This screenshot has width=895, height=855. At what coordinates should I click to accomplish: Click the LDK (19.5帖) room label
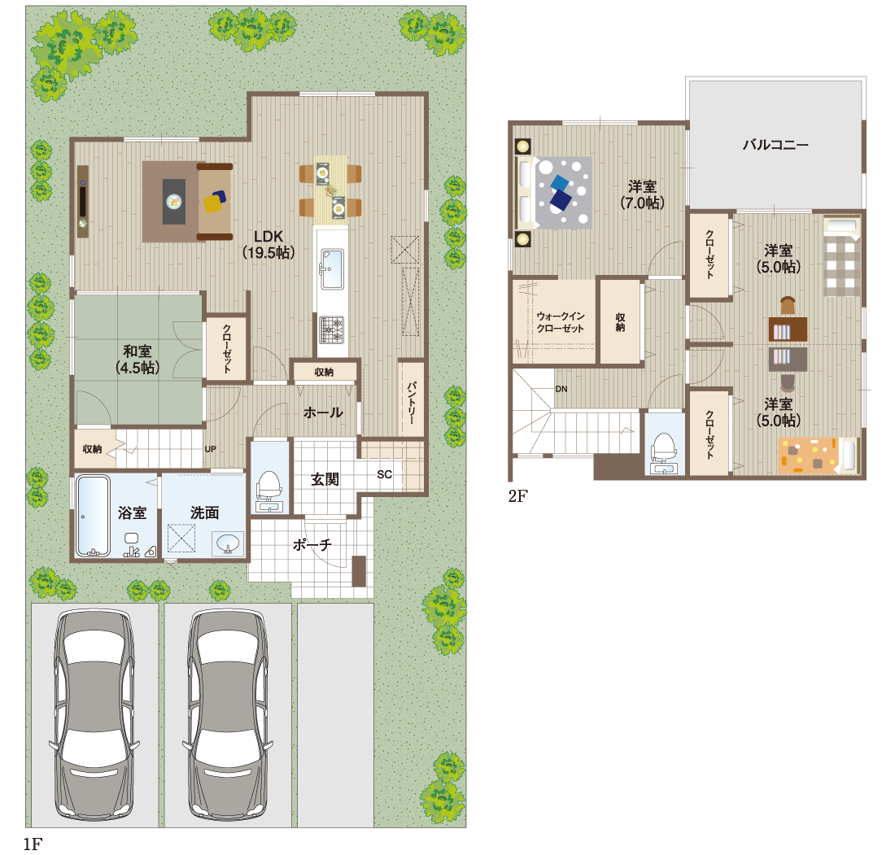pyautogui.click(x=268, y=244)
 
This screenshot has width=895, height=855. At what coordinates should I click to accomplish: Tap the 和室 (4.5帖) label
pyautogui.click(x=138, y=359)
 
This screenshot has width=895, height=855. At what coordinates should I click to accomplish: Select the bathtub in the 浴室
pyautogui.click(x=93, y=516)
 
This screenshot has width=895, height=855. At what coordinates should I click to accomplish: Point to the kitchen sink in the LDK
pyautogui.click(x=332, y=268)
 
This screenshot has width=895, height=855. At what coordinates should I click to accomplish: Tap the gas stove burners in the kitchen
pyautogui.click(x=332, y=329)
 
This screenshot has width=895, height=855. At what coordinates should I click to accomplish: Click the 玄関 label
pyautogui.click(x=325, y=479)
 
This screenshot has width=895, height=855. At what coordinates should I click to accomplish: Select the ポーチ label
pyautogui.click(x=312, y=544)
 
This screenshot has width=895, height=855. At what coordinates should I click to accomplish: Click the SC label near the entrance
pyautogui.click(x=384, y=474)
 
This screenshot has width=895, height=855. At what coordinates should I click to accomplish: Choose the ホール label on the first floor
pyautogui.click(x=323, y=412)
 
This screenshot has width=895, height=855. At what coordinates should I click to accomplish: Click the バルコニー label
pyautogui.click(x=775, y=145)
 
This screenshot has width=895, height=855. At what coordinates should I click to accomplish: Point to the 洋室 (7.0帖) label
pyautogui.click(x=642, y=194)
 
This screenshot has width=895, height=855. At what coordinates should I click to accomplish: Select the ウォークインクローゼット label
pyautogui.click(x=560, y=322)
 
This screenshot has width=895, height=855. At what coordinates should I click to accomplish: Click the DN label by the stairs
pyautogui.click(x=561, y=389)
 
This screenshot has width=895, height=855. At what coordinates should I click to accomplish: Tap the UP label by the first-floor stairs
pyautogui.click(x=210, y=449)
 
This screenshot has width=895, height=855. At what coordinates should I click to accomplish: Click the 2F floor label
pyautogui.click(x=517, y=496)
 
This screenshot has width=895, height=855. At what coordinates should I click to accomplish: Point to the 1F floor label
pyautogui.click(x=33, y=844)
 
